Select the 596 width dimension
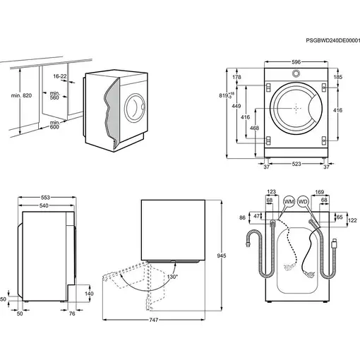tap(296, 63)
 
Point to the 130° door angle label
tap(172, 276)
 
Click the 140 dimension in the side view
tap(88, 294)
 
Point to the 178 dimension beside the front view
tap(238, 76)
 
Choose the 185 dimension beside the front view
tap(337, 76)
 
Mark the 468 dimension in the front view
tap(254, 128)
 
